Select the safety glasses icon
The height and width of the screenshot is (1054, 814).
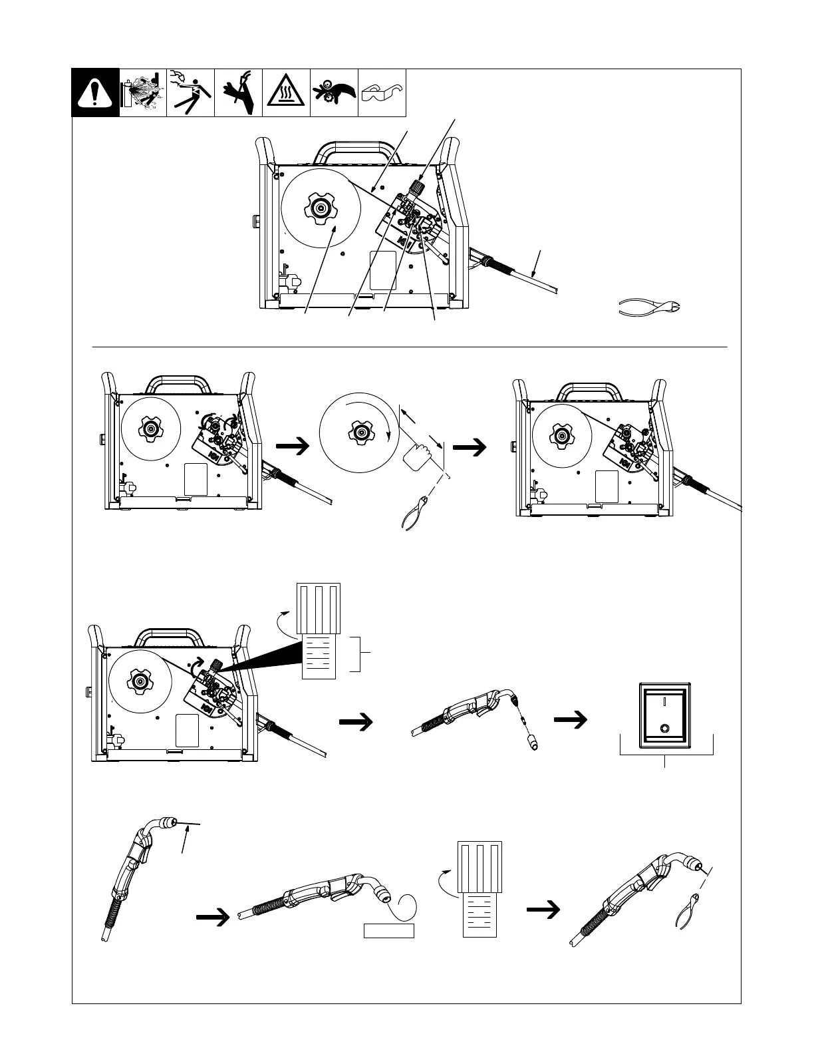click(x=382, y=92)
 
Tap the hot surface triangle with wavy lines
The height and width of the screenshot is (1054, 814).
click(x=286, y=93)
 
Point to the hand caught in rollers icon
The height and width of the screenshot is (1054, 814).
click(x=334, y=92)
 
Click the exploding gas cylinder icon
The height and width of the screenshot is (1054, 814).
click(x=143, y=92)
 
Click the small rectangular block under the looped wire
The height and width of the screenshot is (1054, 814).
click(x=389, y=930)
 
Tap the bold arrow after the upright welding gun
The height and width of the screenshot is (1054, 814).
click(x=213, y=917)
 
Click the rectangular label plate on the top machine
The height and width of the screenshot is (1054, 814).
click(x=382, y=269)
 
